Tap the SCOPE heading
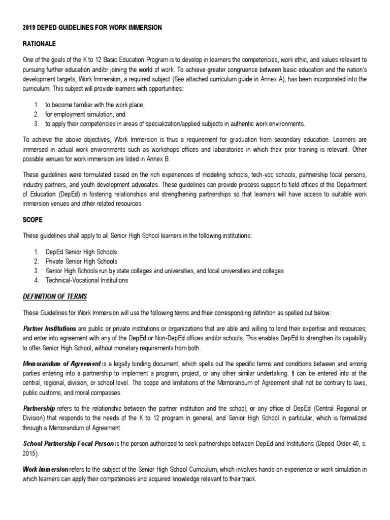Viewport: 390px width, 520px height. point(32,220)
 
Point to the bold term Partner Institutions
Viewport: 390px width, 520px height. point(50,328)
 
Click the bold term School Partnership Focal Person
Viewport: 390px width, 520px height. point(69,444)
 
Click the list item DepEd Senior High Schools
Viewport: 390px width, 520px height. point(81,252)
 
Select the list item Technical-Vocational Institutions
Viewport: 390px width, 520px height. point(87,280)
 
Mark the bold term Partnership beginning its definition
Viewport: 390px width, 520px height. point(39,408)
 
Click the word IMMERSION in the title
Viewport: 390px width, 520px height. point(143,28)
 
